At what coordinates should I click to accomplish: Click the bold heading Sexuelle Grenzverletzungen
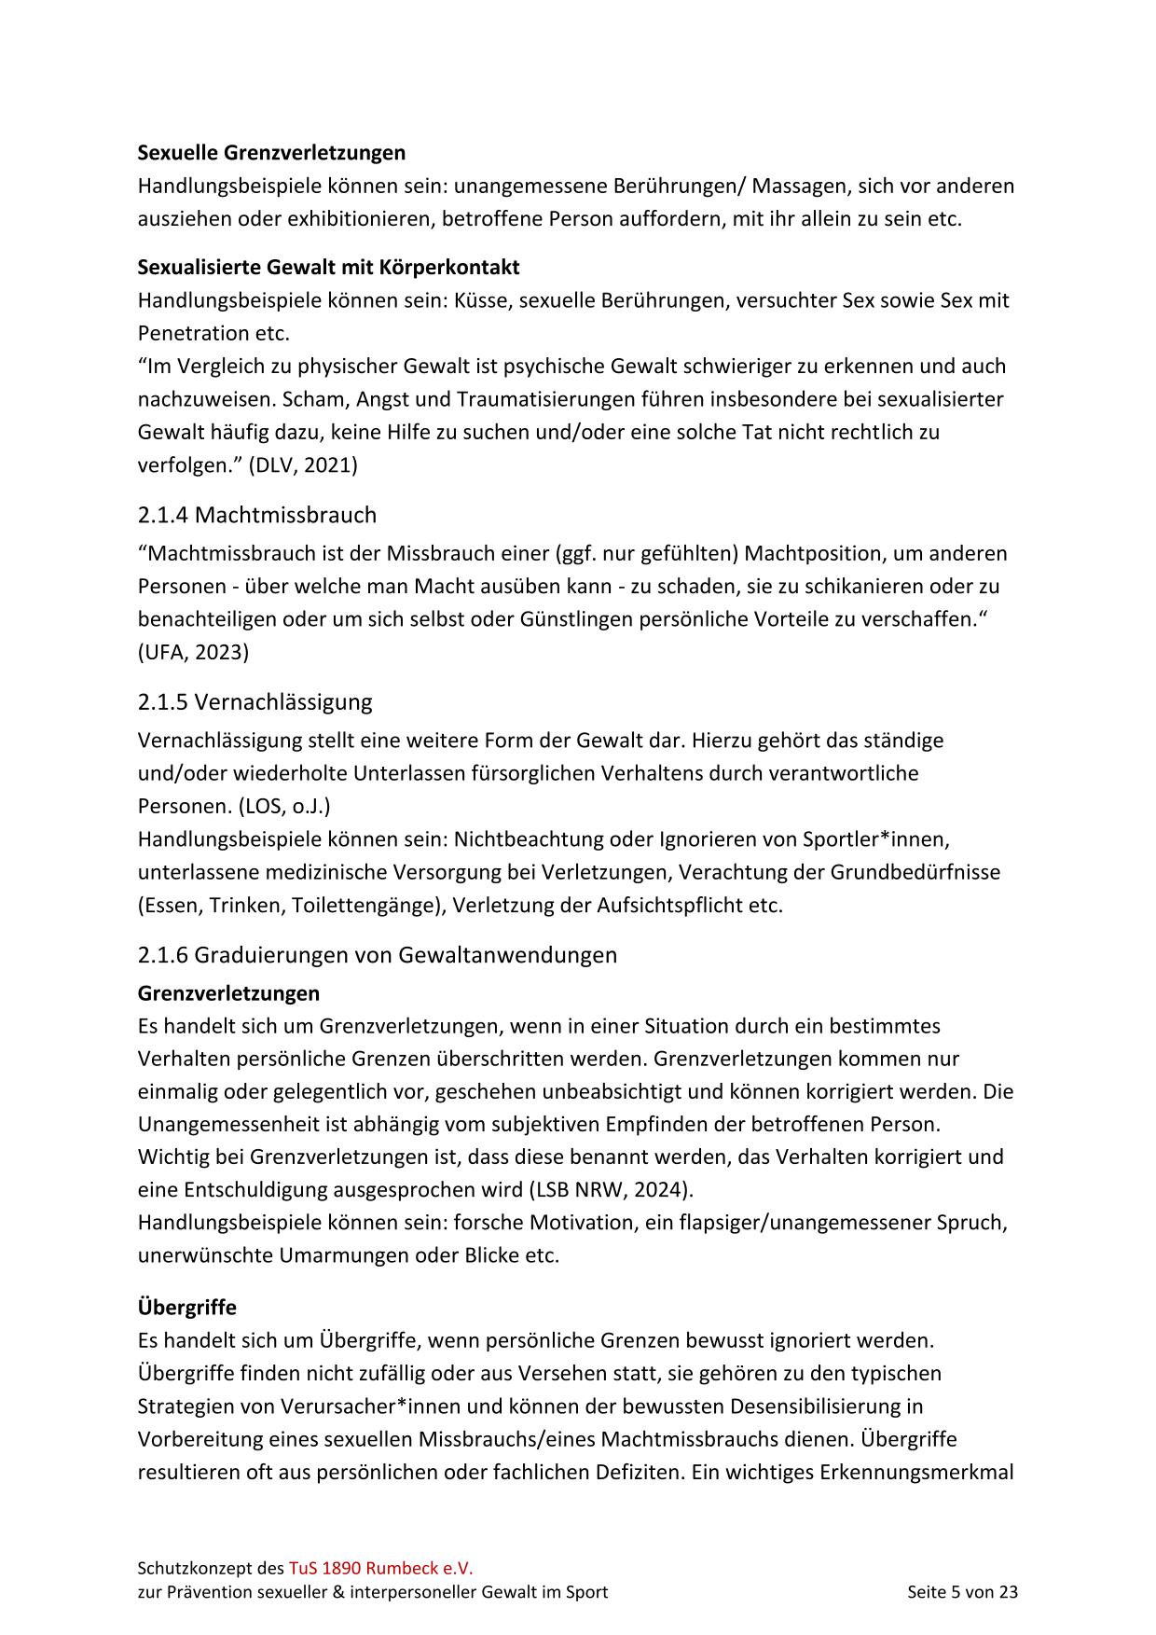(x=271, y=152)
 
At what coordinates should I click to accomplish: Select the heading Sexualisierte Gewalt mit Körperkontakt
(x=328, y=268)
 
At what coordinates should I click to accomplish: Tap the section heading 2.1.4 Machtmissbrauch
(x=256, y=515)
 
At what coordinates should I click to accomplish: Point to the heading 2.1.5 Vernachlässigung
(x=255, y=701)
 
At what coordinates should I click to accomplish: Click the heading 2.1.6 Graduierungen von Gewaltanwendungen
(x=377, y=955)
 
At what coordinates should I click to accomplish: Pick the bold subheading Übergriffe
(x=186, y=1307)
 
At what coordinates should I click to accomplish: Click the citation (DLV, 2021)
(x=303, y=464)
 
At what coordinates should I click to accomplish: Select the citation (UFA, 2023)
(x=193, y=652)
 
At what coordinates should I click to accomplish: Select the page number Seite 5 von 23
(x=962, y=1592)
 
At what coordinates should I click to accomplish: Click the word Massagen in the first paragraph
(x=799, y=186)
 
